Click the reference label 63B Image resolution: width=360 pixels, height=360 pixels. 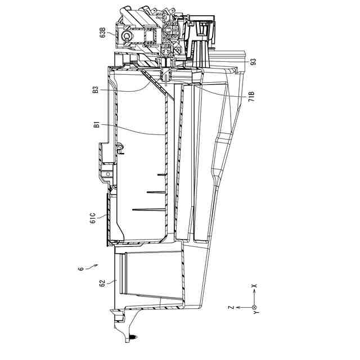tap(103, 31)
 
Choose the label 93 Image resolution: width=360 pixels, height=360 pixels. tap(253, 61)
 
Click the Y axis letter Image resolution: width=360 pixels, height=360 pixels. tap(254, 316)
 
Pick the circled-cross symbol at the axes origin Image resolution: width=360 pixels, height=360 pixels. tap(254, 307)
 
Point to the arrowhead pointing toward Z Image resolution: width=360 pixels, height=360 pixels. tap(238, 307)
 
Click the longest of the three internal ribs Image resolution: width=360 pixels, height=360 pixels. tap(150, 210)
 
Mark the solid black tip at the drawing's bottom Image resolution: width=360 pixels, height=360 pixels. tap(131, 336)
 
